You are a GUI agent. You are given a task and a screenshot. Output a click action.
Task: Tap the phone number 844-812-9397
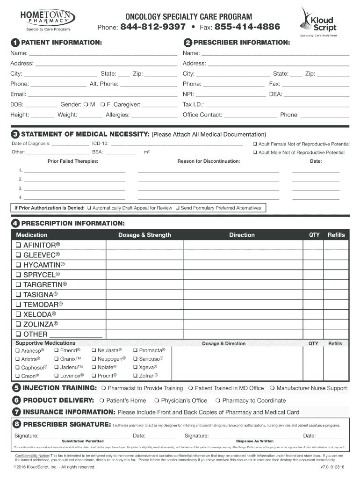pyautogui.click(x=153, y=27)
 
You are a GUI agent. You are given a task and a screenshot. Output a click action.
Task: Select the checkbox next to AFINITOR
pyautogui.click(x=18, y=246)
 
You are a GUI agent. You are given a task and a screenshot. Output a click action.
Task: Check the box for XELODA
pyautogui.click(x=18, y=314)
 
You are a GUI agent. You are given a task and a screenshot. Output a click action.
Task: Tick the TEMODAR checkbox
pyautogui.click(x=18, y=305)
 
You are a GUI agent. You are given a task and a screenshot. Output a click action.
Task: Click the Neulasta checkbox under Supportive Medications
pyautogui.click(x=94, y=350)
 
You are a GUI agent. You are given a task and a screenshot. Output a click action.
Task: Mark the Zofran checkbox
pyautogui.click(x=135, y=376)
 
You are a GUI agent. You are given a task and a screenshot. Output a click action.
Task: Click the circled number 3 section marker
pyautogui.click(x=15, y=135)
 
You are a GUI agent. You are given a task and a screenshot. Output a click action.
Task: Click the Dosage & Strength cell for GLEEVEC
pyautogui.click(x=144, y=255)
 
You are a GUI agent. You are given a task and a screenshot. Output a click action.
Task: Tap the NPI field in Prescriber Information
pyautogui.click(x=230, y=94)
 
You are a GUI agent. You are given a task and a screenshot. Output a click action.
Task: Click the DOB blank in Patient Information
pyautogui.click(x=42, y=104)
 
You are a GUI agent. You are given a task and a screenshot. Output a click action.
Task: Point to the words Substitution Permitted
pyautogui.click(x=83, y=441)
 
